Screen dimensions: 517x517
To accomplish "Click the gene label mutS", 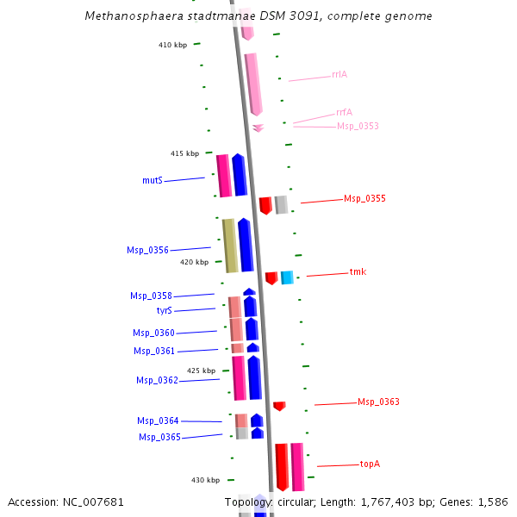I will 153,181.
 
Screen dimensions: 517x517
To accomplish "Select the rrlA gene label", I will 339,75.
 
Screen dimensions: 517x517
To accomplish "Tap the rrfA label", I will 344,112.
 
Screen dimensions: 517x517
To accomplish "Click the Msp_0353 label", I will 358,127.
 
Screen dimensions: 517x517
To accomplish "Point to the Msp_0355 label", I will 364,199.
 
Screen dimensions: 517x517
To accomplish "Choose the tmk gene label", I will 358,272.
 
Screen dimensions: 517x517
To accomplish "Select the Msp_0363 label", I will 378,402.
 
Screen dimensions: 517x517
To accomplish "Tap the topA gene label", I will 370,464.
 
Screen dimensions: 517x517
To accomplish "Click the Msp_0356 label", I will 147,251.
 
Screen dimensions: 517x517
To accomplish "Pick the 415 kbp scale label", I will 184,154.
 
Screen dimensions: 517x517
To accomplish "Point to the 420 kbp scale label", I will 194,263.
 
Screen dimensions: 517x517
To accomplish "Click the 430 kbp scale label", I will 205,480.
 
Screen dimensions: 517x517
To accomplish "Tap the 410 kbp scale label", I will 172,46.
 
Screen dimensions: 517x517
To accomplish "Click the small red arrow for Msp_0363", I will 279,406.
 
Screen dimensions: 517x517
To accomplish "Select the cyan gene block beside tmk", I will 287,277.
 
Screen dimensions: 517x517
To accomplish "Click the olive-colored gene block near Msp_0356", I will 230,246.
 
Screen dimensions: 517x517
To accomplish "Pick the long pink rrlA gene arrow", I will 253,84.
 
